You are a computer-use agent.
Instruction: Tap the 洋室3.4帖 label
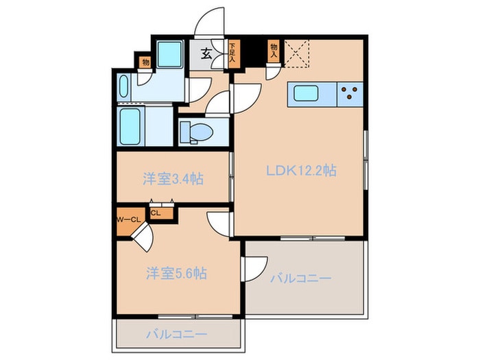(173, 179)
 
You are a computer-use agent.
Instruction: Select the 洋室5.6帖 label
(176, 273)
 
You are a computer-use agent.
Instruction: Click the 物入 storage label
(274, 50)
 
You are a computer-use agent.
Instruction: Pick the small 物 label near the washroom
(145, 62)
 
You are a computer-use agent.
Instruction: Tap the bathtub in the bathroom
(130, 127)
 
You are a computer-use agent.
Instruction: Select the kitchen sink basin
(302, 93)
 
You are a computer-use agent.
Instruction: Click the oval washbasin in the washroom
(124, 87)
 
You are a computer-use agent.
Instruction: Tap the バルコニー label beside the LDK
(300, 278)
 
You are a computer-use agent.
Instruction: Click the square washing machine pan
(169, 54)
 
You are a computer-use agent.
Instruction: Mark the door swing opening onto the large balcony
(255, 268)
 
